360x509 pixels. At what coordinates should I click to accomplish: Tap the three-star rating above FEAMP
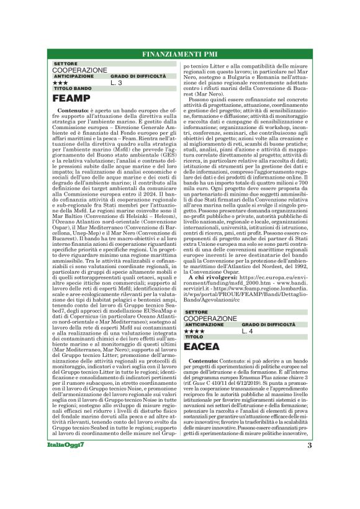(x=61, y=82)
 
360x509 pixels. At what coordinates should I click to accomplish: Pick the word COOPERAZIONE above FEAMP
(x=79, y=70)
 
